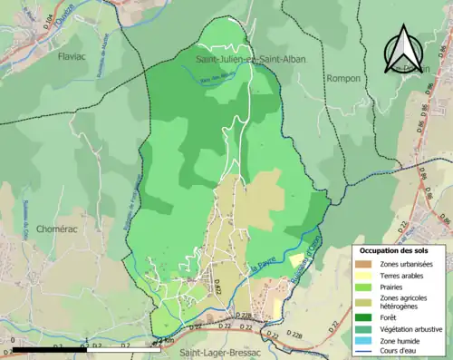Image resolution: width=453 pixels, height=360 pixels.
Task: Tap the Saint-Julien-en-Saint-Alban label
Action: [251, 59]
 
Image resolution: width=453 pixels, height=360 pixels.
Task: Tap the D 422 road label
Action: [218, 289]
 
